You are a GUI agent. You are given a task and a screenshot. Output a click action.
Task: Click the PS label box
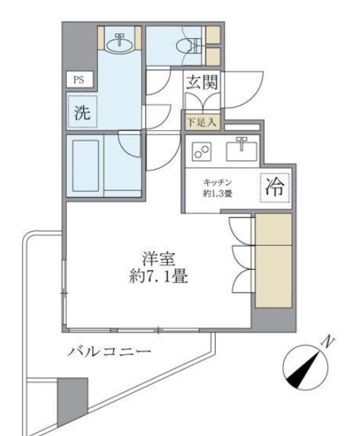pyautogui.click(x=78, y=79)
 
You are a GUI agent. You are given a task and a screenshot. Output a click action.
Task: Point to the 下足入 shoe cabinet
pyautogui.click(x=201, y=122)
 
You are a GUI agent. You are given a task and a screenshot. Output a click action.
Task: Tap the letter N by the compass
pyautogui.click(x=327, y=342)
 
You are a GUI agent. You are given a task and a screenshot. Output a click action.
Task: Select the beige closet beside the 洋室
pyautogui.click(x=273, y=262)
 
